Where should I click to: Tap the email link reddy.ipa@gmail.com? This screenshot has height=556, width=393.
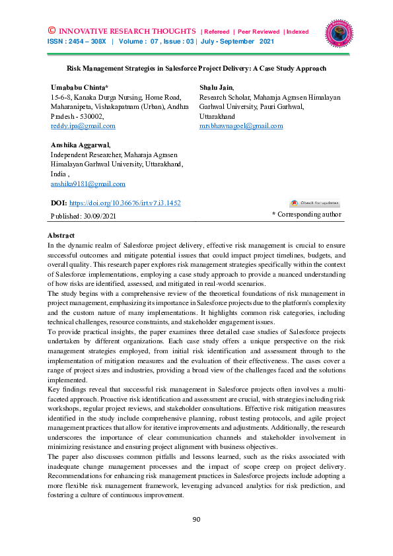point(83,125)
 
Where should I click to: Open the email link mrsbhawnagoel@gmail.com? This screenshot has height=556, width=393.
point(241,125)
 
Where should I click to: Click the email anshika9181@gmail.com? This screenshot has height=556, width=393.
point(88,184)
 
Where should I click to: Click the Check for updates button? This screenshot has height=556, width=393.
point(314,203)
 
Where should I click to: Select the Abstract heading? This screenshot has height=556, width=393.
point(61,236)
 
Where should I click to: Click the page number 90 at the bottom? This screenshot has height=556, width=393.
point(196,520)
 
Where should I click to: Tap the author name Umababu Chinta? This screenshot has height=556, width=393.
point(79,87)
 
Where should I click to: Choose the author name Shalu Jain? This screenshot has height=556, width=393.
point(217,87)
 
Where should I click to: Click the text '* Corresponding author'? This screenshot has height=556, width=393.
point(307,215)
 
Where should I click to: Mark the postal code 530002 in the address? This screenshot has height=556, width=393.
point(98,116)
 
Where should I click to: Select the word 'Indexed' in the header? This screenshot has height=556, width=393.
point(297,32)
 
